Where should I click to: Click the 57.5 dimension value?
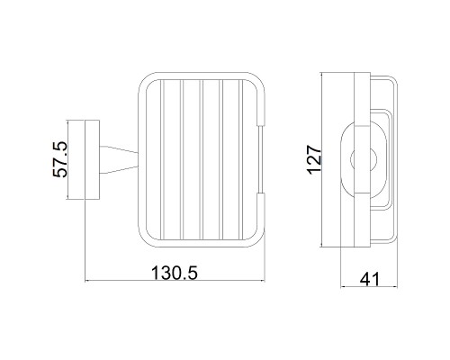[60, 159]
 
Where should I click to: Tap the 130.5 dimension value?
[175, 273]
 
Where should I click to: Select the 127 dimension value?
[314, 159]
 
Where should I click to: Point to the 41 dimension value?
[370, 280]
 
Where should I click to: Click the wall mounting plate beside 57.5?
[92, 159]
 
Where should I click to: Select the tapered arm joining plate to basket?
[119, 159]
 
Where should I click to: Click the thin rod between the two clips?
[261, 159]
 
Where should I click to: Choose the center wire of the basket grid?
[202, 159]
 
